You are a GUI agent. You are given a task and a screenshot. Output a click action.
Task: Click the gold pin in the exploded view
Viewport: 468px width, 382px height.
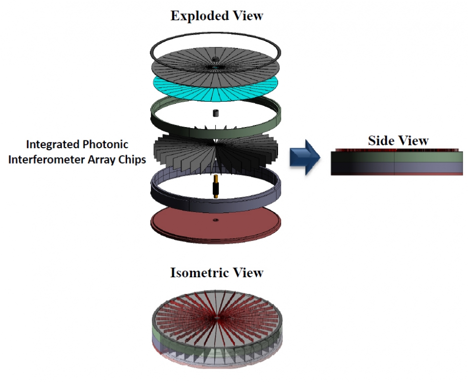(x=216, y=188)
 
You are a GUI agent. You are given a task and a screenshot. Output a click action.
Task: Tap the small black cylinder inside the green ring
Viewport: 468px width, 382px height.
(x=216, y=113)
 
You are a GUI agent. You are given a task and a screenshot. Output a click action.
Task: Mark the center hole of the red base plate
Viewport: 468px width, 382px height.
(x=216, y=219)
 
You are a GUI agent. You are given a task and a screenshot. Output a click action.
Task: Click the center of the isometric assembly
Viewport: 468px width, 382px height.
(x=216, y=319)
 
